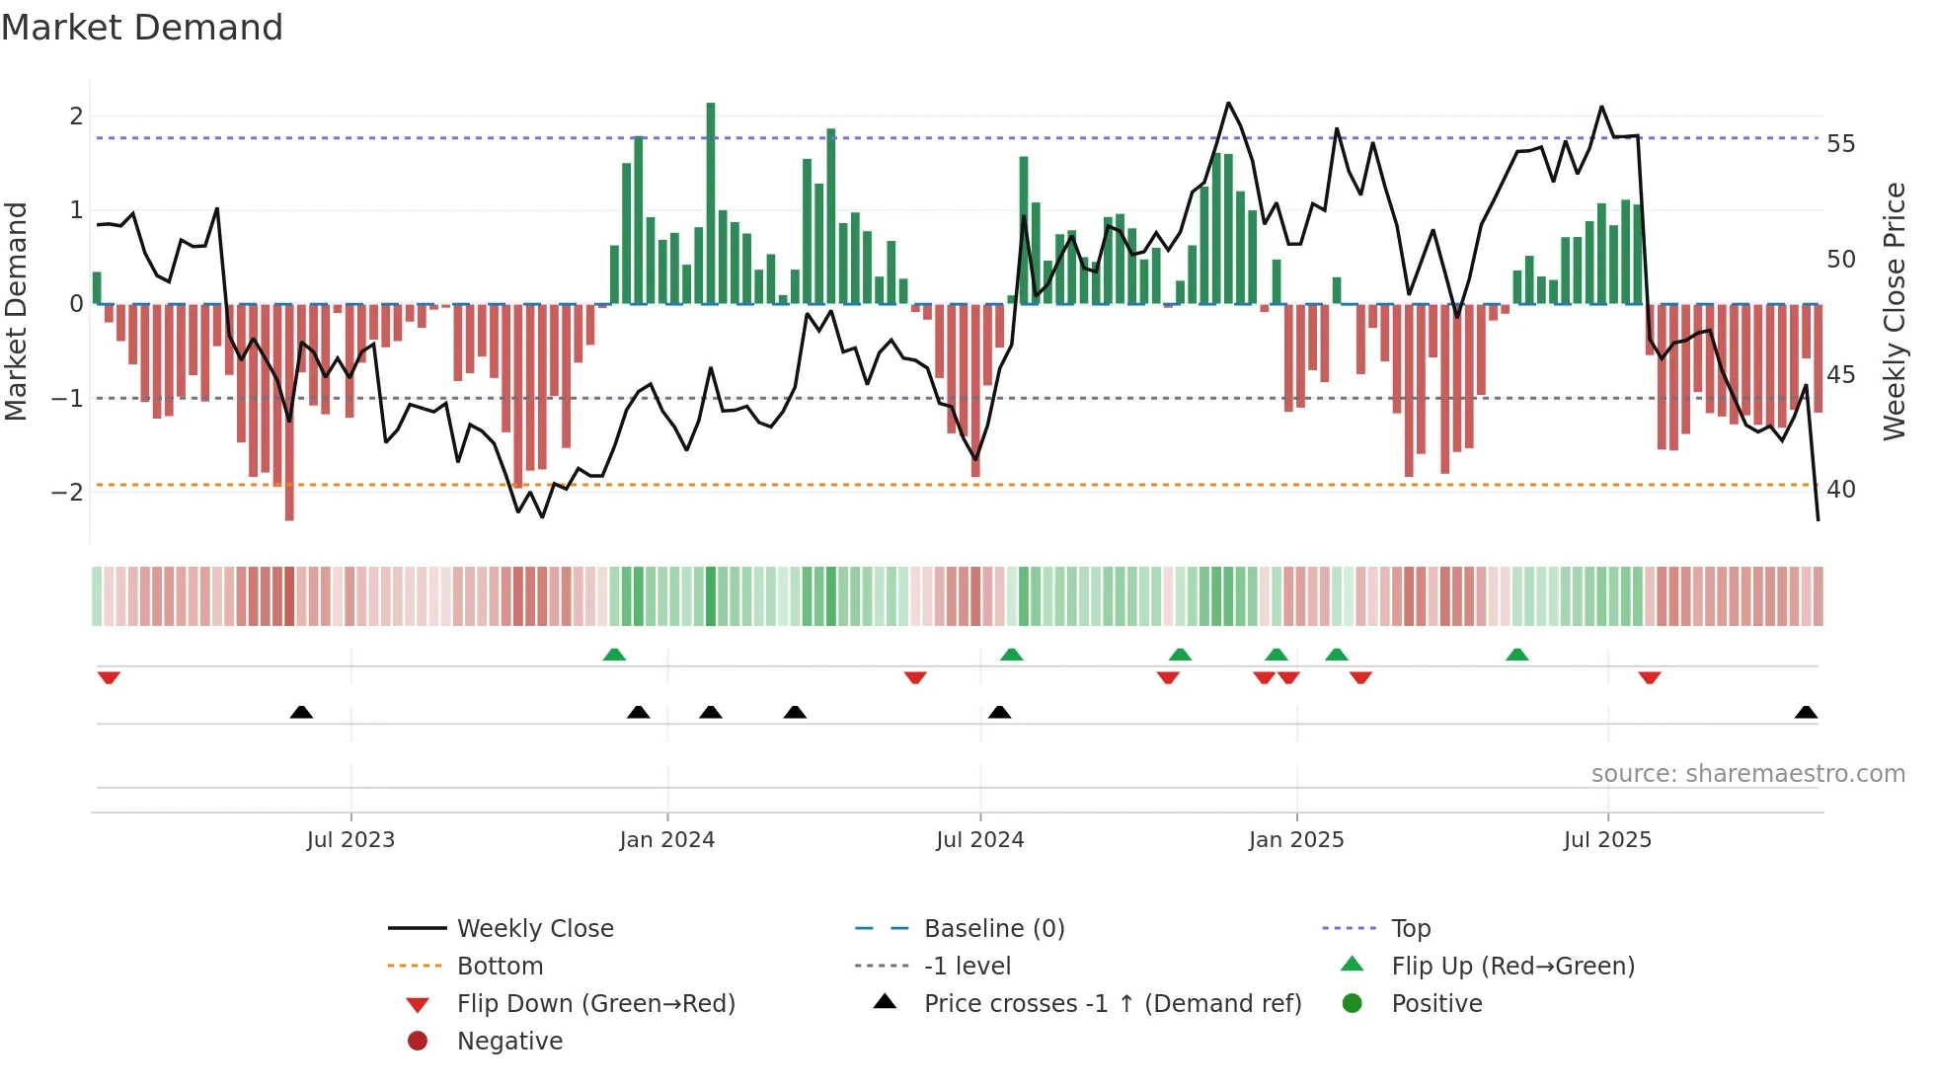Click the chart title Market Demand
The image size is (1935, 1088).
142,28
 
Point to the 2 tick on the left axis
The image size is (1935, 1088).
76,117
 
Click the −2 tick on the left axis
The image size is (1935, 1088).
68,492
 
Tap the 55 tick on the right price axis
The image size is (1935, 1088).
1840,144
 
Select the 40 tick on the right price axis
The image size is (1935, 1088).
1840,490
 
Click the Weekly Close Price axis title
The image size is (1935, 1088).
1894,311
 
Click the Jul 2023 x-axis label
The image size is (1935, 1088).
350,840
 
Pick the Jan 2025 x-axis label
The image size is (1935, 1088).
1295,840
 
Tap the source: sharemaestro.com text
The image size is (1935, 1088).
1747,774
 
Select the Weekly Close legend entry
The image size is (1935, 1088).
534,929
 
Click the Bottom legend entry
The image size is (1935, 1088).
500,967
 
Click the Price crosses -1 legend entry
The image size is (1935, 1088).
1112,1004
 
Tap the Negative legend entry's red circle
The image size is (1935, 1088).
418,1042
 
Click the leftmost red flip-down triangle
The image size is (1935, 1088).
109,677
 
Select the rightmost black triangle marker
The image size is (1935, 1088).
1806,712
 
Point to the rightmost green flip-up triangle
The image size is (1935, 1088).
1517,655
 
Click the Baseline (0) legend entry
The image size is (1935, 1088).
993,929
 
